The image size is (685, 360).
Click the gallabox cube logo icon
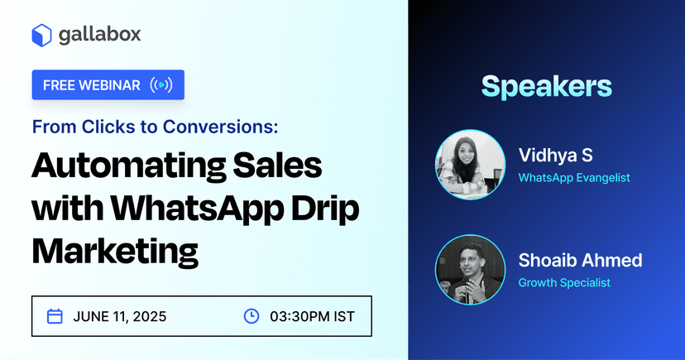coord(42,35)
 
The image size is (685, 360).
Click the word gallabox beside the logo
coord(99,35)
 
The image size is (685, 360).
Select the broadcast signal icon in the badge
coord(162,85)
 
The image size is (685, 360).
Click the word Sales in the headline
coord(276,167)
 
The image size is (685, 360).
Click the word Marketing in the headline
coord(116,248)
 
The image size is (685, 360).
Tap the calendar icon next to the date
coord(55,316)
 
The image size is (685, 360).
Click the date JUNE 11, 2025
coord(119,316)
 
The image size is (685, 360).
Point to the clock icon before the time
coord(251,316)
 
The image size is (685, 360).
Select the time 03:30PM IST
coord(312,316)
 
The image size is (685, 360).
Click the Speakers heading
coord(546,86)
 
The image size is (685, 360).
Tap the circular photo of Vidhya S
coord(469,165)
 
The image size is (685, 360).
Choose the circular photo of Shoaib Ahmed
coord(469,270)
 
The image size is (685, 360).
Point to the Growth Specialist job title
coord(564,283)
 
